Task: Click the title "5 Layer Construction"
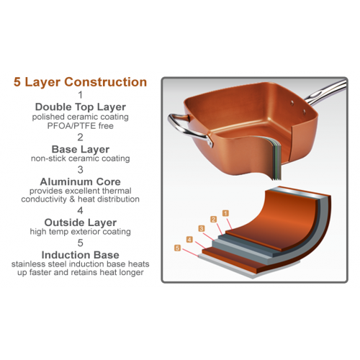80,82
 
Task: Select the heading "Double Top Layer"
80,106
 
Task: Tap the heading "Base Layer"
80,148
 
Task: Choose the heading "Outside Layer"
80,222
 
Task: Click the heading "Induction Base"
80,255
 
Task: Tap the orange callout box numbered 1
225,213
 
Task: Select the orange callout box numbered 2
214,219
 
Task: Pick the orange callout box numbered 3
202,229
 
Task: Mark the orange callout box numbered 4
189,239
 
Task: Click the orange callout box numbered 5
177,248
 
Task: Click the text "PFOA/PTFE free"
80,125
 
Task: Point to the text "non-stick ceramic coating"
80,158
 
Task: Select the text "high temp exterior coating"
80,232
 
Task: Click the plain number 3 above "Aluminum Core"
80,169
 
